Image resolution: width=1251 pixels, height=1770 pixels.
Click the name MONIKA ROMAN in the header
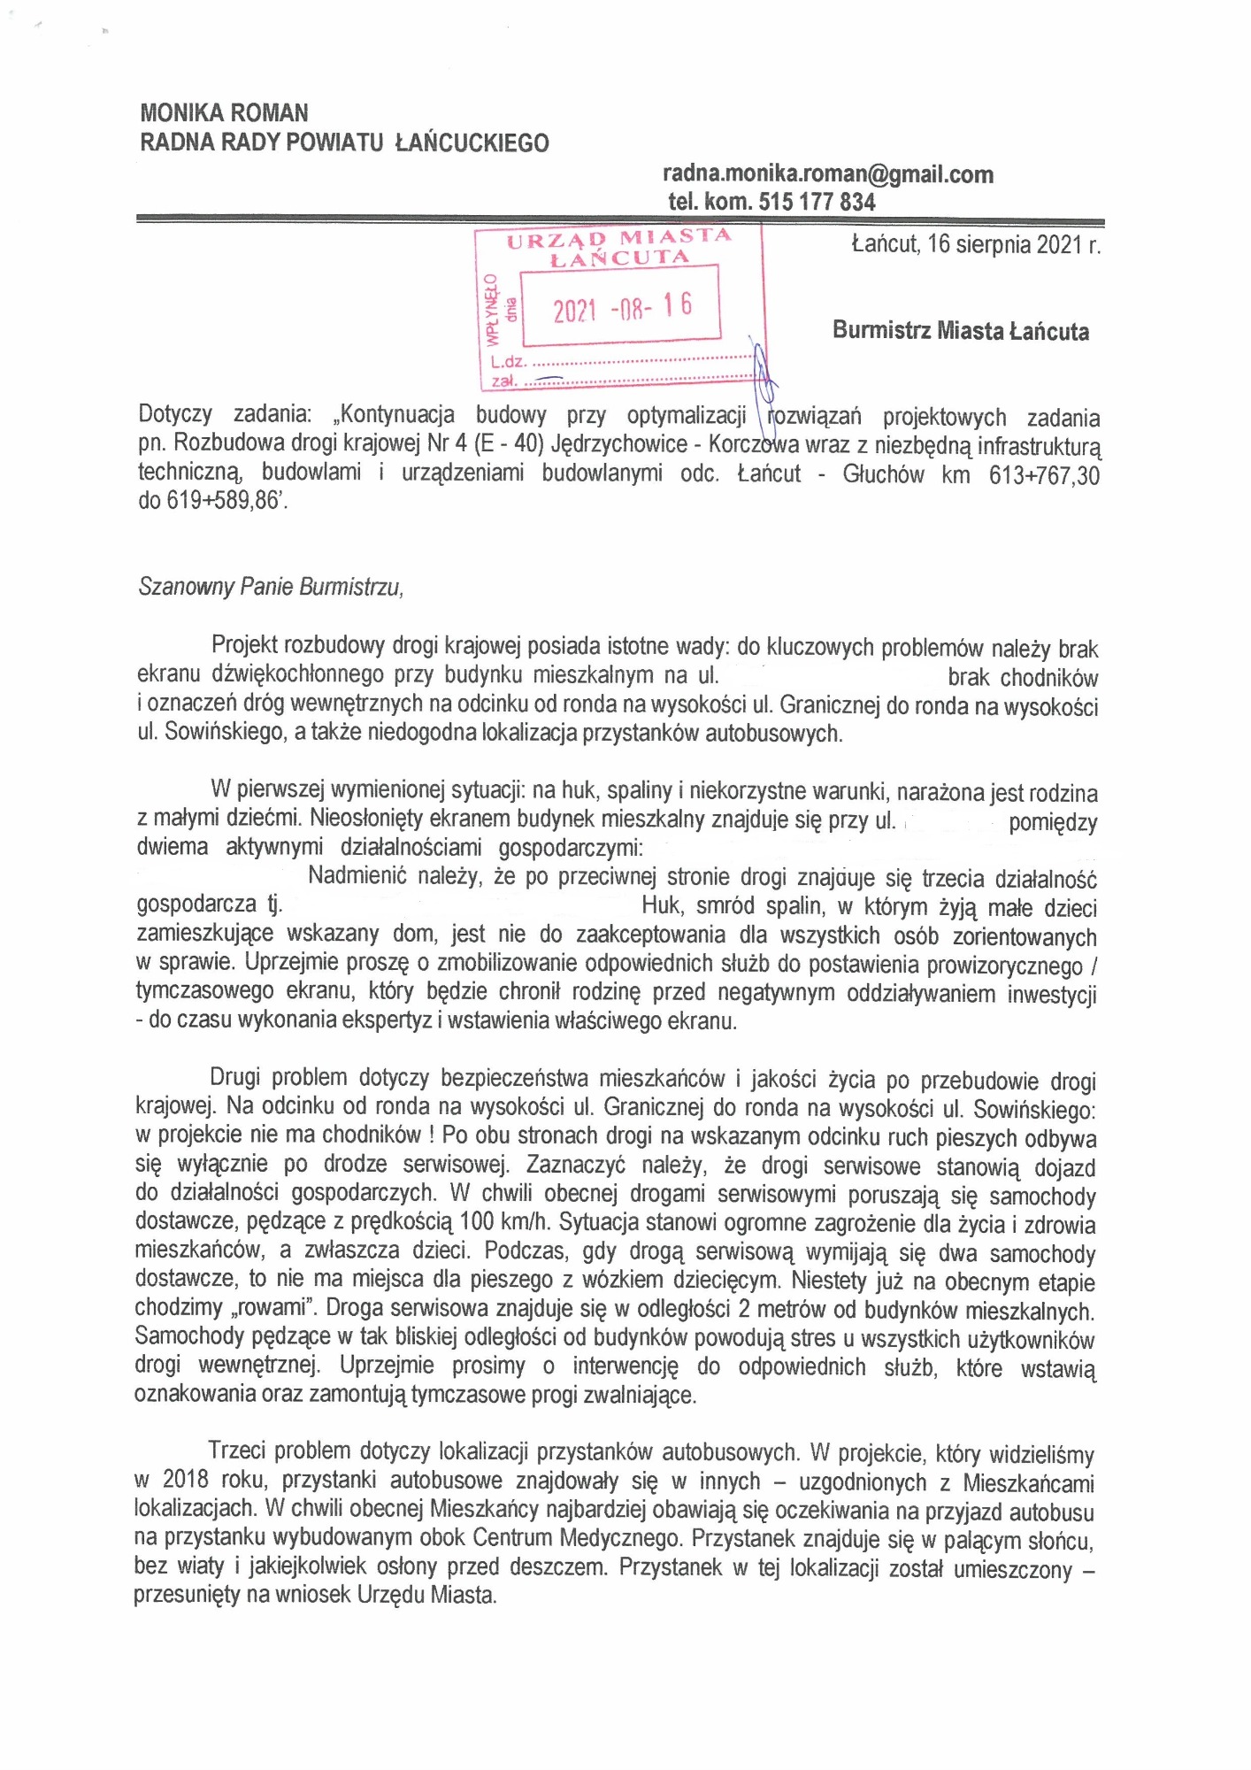pyautogui.click(x=224, y=113)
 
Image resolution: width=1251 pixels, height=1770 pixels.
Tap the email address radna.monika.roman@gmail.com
pyautogui.click(x=827, y=174)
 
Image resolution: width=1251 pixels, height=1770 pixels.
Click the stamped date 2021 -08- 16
pyautogui.click(x=622, y=308)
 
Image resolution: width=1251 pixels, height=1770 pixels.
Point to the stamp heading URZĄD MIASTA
pyautogui.click(x=618, y=237)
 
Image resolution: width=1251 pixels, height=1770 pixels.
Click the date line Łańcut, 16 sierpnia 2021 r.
pyautogui.click(x=975, y=244)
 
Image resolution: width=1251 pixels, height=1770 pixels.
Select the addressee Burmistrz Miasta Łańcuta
pyautogui.click(x=960, y=332)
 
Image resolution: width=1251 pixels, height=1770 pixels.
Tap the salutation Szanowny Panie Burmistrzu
pyautogui.click(x=271, y=587)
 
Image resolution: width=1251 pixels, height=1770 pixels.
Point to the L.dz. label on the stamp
pyautogui.click(x=508, y=362)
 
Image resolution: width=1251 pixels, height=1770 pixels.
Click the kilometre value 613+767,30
pyautogui.click(x=1044, y=475)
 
